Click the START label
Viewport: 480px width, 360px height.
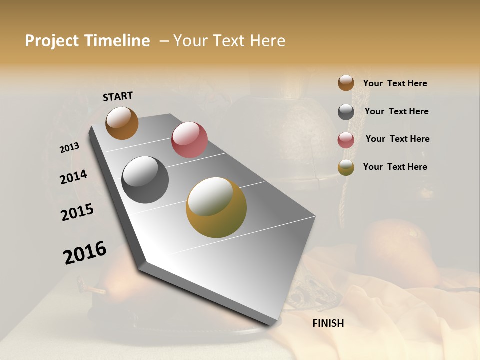(118, 96)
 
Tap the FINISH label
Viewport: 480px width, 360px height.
(328, 323)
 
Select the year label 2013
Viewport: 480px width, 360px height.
(70, 148)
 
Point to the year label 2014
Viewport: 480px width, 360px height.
(74, 177)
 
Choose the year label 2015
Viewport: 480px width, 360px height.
(77, 212)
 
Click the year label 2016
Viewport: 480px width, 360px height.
(85, 253)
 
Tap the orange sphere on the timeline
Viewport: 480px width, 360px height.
(122, 123)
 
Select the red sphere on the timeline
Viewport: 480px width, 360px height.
(189, 140)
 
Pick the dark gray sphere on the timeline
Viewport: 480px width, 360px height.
(145, 180)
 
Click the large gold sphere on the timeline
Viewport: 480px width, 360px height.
(216, 207)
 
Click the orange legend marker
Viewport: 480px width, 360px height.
(346, 83)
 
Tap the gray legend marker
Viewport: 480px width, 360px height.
(346, 112)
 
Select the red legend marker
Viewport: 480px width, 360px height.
(346, 140)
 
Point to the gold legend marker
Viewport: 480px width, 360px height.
(346, 168)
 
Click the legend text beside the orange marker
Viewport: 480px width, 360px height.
(395, 84)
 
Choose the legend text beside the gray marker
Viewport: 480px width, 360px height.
(396, 111)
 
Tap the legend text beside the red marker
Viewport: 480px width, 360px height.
(397, 139)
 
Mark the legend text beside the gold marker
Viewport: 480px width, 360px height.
(395, 167)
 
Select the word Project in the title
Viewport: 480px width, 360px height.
(51, 41)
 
